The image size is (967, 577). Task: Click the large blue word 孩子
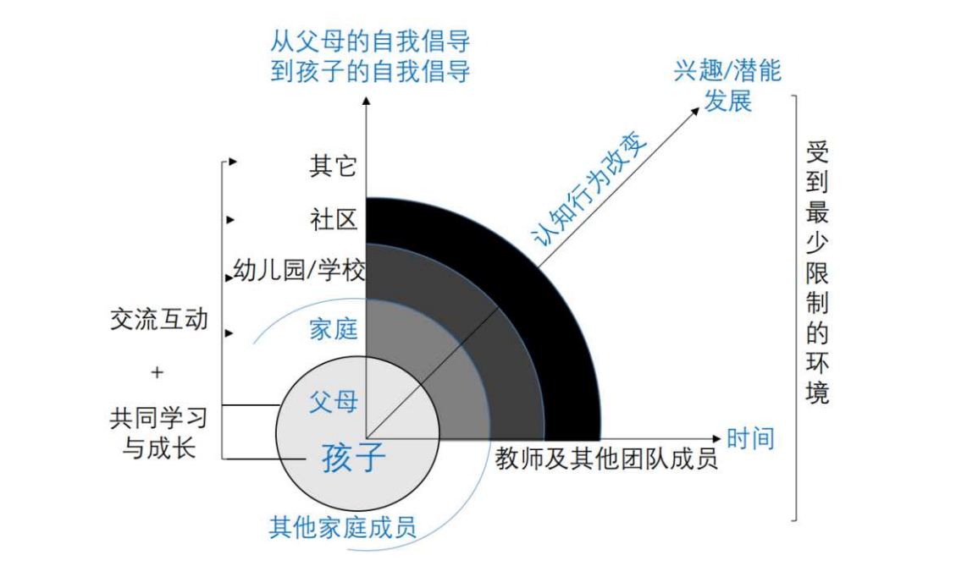pos(353,458)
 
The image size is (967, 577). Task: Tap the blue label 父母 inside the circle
pos(333,402)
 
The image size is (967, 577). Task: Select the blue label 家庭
pos(333,329)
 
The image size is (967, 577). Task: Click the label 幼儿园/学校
pos(299,270)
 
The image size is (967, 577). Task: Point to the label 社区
pos(334,219)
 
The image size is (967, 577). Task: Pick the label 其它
pos(333,166)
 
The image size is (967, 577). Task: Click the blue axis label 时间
pos(750,438)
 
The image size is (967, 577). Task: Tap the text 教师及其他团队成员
pos(606,459)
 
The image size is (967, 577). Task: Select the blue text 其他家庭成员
pos(342,528)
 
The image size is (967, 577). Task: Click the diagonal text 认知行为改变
pos(589,190)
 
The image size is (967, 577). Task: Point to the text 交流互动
pos(159,319)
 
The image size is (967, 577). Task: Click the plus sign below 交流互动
pos(157,372)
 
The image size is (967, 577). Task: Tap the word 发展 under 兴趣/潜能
pos(727,101)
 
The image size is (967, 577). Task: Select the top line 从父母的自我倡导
pos(370,42)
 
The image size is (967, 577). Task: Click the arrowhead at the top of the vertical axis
pos(367,101)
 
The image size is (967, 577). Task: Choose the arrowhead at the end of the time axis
pos(716,439)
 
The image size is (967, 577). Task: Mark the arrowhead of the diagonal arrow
pos(695,112)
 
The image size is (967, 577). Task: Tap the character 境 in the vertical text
pos(817,392)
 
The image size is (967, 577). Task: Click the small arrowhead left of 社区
pos(230,219)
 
